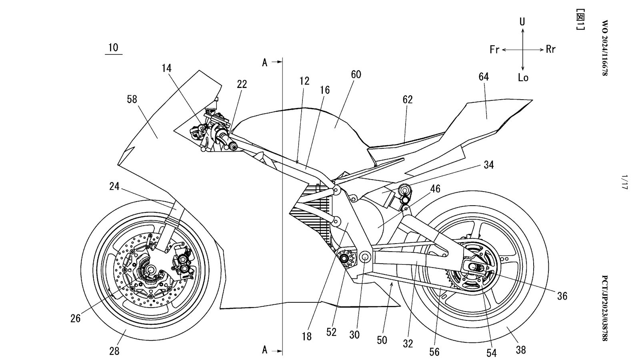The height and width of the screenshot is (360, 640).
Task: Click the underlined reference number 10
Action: tap(113, 48)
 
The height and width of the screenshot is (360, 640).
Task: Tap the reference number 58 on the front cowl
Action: tap(132, 99)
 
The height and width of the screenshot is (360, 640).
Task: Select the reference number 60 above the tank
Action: tap(356, 74)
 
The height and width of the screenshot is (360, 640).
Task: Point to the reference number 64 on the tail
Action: tap(484, 77)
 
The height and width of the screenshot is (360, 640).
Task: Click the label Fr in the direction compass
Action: tap(495, 50)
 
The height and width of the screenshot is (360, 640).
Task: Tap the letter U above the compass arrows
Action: tap(522, 22)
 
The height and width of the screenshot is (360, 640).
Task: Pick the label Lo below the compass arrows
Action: tap(523, 78)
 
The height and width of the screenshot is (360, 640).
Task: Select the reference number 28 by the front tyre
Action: tap(114, 351)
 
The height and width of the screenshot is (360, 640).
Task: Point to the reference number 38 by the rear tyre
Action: tap(520, 350)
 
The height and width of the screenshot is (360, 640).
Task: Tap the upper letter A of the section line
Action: tap(265, 62)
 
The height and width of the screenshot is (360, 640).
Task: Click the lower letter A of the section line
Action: tap(265, 350)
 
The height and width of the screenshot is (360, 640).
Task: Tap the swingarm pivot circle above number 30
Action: tap(365, 256)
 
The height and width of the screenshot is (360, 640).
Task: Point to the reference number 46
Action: tap(435, 188)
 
